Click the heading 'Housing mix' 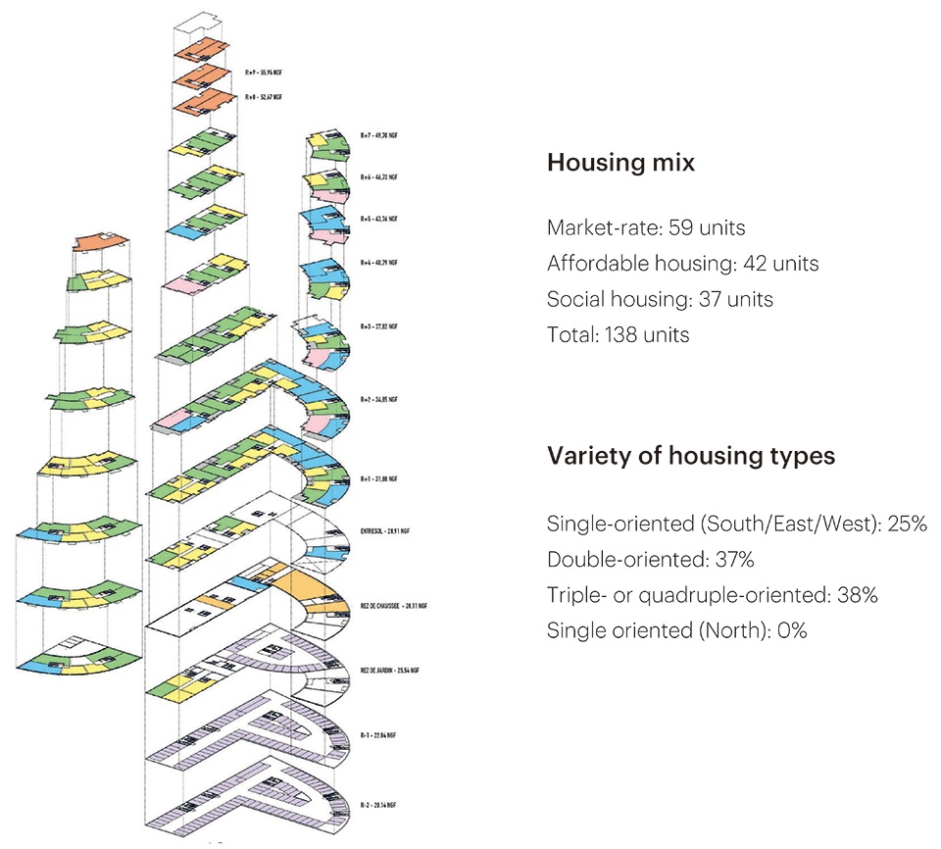[x=620, y=164]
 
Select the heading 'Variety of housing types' [x=690, y=457]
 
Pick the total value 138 [x=615, y=334]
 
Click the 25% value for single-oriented [x=906, y=524]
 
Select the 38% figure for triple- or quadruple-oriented [x=857, y=595]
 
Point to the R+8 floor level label [x=264, y=98]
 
